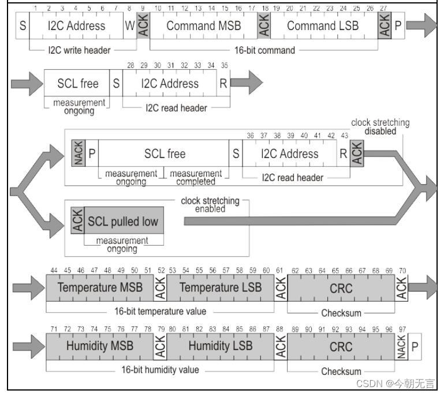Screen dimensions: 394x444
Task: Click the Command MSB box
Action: click(203, 26)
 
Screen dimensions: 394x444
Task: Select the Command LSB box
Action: click(323, 26)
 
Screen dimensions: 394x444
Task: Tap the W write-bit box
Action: click(129, 26)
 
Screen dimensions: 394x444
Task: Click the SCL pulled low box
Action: click(122, 222)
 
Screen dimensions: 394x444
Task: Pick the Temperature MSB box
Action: click(100, 287)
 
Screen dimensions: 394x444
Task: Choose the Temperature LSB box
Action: click(221, 287)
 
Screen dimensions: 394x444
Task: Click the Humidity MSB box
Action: click(100, 346)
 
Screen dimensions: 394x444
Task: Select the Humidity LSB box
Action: click(221, 346)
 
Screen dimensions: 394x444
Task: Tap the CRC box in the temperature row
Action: click(341, 287)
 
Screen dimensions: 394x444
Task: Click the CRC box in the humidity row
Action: click(341, 347)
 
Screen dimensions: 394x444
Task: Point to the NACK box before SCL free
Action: click(78, 153)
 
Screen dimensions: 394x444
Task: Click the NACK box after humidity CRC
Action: click(401, 347)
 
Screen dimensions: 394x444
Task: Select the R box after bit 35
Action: click(223, 84)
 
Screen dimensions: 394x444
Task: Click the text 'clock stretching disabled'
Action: click(380, 126)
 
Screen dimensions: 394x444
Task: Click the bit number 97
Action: click(402, 329)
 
